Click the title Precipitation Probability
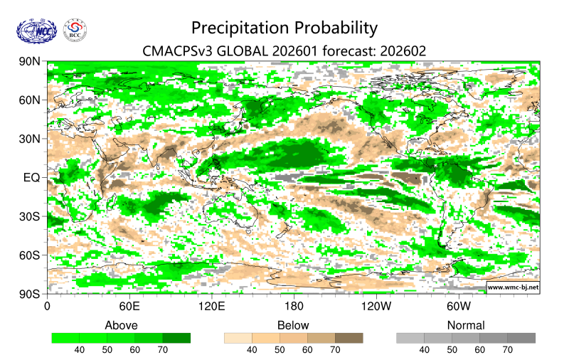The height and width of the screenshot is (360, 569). pos(284,28)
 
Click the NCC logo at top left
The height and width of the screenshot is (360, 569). pos(35,31)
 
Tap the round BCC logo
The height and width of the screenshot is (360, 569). pos(75,31)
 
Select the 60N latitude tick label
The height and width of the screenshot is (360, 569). pos(30,100)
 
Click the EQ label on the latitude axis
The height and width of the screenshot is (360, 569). pos(33,177)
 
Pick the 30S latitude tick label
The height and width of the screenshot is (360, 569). pos(30,216)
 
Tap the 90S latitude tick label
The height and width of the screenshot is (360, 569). pos(30,293)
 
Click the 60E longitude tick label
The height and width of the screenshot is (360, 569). pos(129,307)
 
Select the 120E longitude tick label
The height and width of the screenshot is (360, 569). pos(211,307)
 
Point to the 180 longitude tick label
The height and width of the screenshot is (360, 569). pos(294,307)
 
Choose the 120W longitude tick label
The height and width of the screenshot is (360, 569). pos(376,307)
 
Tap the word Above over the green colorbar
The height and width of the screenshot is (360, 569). pos(121,325)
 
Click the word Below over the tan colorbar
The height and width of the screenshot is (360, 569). pos(293,325)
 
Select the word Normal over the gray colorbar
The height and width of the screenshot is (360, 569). pos(466,325)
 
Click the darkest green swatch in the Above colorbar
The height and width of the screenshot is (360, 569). pos(176,338)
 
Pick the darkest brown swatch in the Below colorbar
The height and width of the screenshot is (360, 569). pos(349,338)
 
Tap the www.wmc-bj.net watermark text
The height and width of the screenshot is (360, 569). pos(512,287)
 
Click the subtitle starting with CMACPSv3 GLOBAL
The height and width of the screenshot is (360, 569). pos(284,51)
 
